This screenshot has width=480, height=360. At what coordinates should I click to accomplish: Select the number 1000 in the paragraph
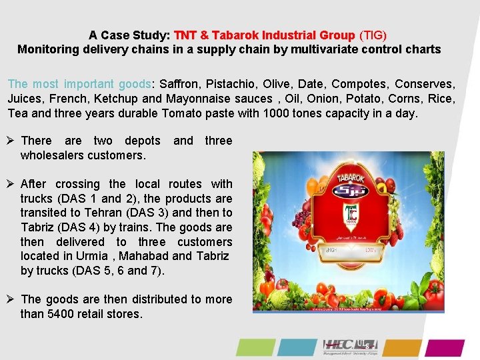pos(277,113)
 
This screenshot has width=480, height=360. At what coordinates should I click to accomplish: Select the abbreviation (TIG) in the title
pos(373,34)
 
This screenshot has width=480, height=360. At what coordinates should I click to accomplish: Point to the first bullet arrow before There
pos(11,141)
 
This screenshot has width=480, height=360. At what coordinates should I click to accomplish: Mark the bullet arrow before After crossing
pos(11,184)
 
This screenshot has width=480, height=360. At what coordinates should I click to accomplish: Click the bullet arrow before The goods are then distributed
pos(11,299)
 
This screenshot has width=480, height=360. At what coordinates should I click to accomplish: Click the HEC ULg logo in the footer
pos(350,347)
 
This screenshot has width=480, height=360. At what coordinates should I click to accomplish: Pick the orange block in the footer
pos(403,347)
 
